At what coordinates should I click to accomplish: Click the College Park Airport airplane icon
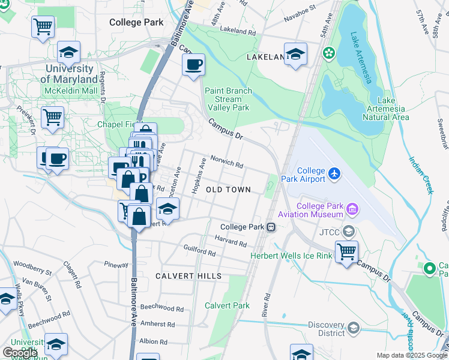(x=334, y=175)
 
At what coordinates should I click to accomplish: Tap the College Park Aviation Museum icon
(x=352, y=210)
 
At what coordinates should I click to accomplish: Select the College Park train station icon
(x=271, y=227)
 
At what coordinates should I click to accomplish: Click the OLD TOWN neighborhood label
(x=228, y=190)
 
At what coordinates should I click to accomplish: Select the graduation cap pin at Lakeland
(x=295, y=53)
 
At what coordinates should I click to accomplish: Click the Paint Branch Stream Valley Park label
(x=228, y=99)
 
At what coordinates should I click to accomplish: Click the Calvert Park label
(x=227, y=305)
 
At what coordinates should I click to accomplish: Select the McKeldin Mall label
(x=70, y=91)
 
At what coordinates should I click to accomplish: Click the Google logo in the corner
(x=20, y=353)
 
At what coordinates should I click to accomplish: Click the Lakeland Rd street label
(x=238, y=29)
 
